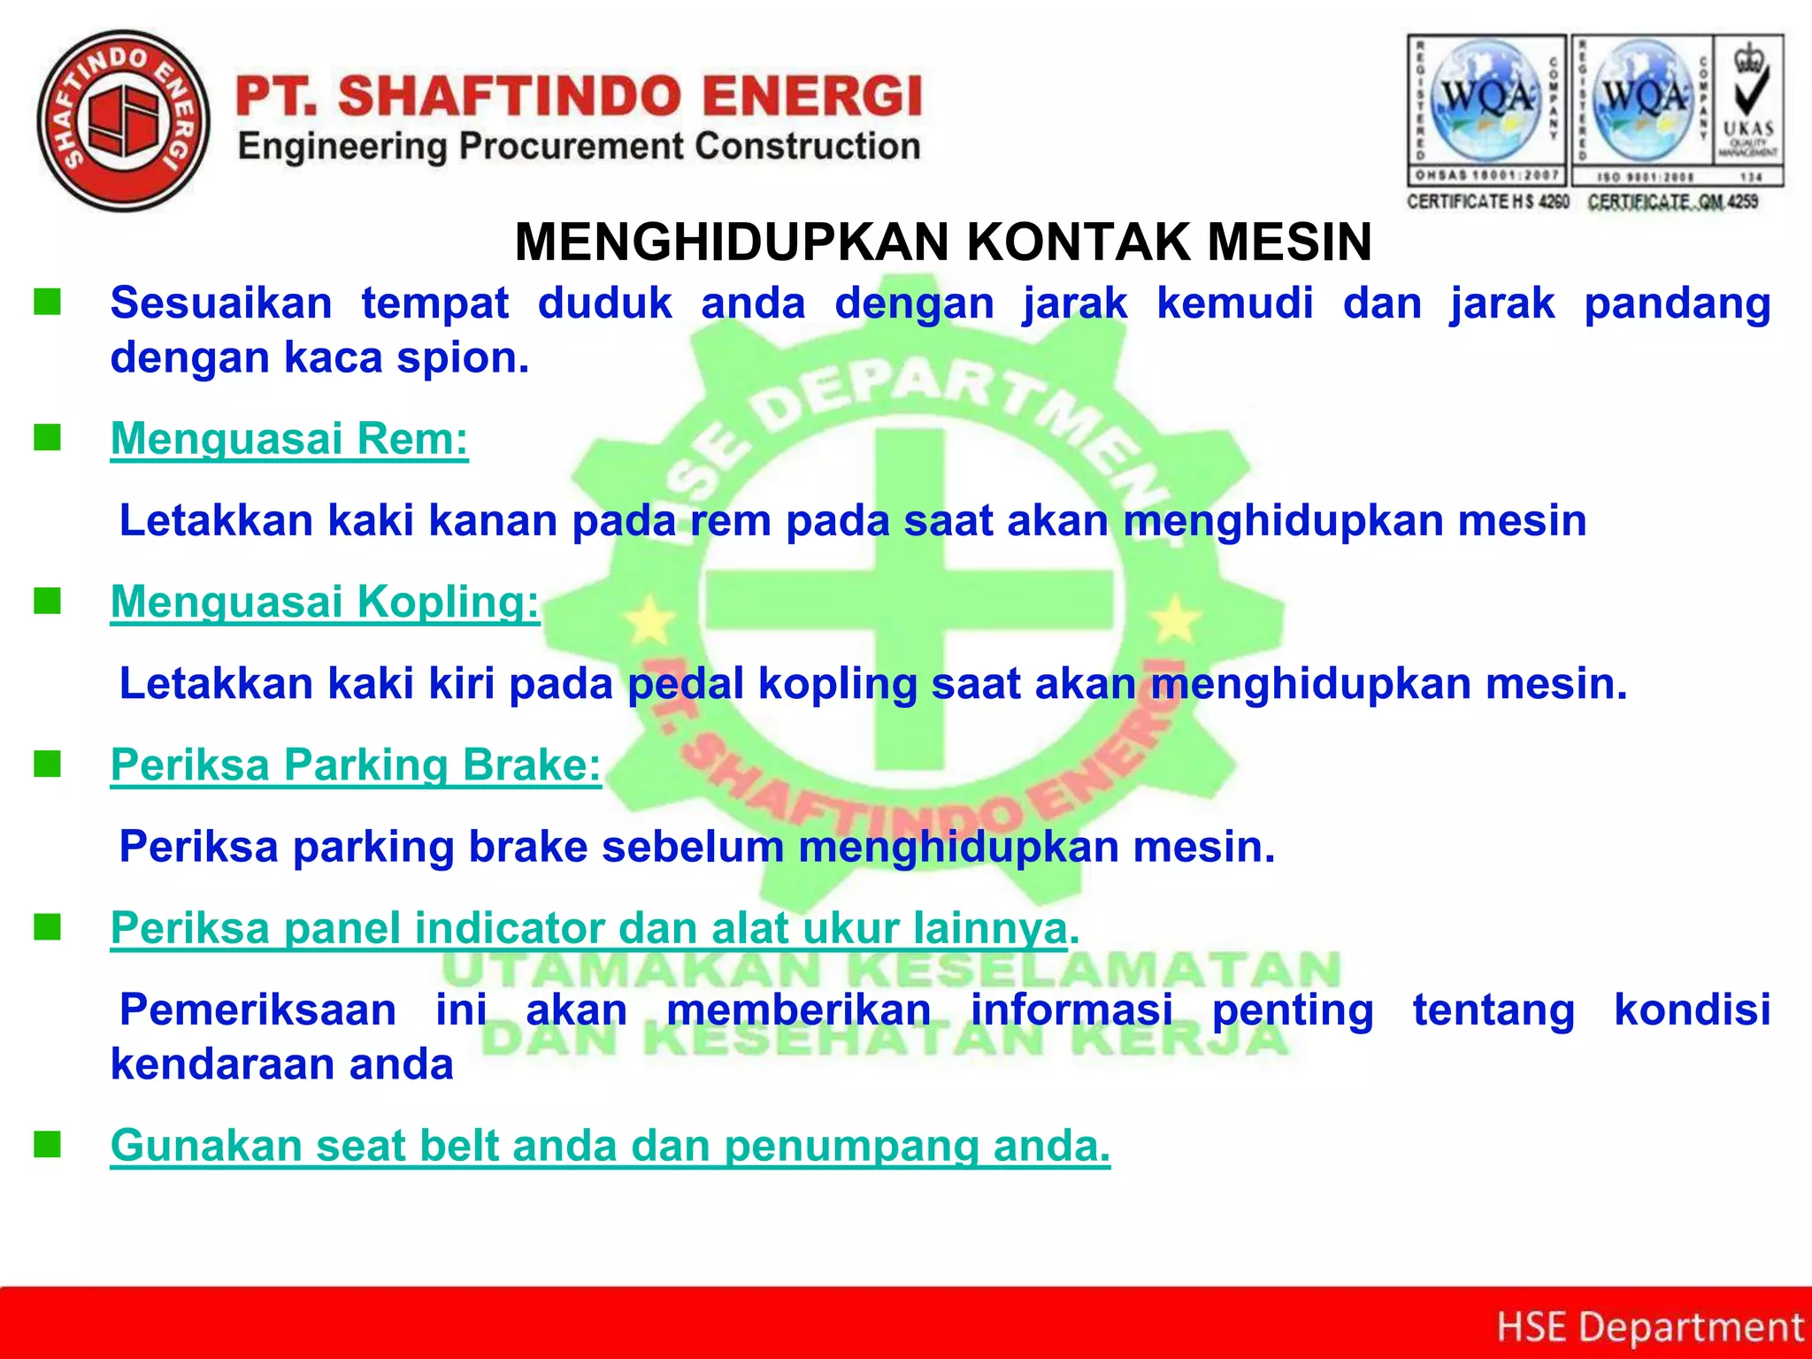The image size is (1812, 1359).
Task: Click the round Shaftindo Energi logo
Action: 124,121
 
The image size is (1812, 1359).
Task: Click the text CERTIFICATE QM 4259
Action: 1672,202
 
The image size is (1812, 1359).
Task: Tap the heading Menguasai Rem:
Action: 289,439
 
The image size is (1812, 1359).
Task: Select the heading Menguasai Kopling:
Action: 325,602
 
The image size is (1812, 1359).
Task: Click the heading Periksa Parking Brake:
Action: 356,764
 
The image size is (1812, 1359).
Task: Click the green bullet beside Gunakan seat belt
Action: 47,1145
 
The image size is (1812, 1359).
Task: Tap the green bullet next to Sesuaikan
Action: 47,303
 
